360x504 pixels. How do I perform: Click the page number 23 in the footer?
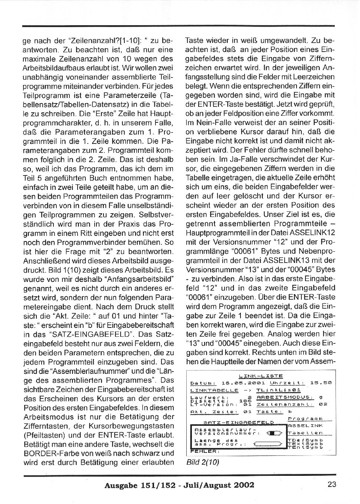coord(332,484)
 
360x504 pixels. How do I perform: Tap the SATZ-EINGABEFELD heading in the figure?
coord(240,422)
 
